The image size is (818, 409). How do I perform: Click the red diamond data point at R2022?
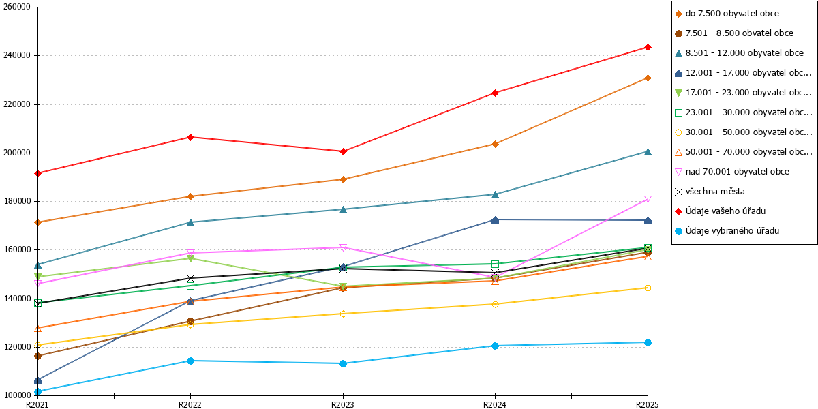click(x=190, y=137)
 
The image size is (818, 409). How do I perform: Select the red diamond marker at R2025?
click(x=648, y=48)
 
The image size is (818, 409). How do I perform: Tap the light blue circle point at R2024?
click(x=495, y=346)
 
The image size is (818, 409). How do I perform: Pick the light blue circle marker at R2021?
click(x=37, y=391)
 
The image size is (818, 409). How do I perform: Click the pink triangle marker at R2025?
click(x=648, y=198)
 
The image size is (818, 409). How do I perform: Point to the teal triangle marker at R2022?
click(x=190, y=222)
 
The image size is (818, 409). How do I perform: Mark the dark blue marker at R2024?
click(x=495, y=219)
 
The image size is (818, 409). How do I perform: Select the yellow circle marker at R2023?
click(x=343, y=314)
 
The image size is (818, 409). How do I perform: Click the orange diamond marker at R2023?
click(x=343, y=180)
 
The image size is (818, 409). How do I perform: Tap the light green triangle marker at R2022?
click(x=190, y=258)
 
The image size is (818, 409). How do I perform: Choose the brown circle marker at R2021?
click(x=37, y=356)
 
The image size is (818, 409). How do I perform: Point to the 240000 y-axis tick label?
click(x=17, y=55)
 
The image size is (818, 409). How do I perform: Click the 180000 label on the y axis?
click(x=17, y=201)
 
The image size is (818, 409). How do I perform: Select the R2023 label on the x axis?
click(x=342, y=404)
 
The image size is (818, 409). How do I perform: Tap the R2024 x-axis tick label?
click(x=495, y=404)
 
